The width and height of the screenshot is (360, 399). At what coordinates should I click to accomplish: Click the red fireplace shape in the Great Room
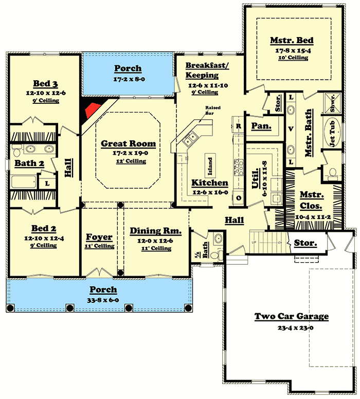tap(93, 110)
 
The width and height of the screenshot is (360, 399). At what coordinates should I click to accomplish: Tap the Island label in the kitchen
tap(210, 166)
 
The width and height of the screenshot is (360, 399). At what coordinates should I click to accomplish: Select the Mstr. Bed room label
tap(292, 41)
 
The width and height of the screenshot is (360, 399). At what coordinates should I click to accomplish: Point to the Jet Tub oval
tap(332, 132)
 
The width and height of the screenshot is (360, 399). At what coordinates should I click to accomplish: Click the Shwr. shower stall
tap(332, 103)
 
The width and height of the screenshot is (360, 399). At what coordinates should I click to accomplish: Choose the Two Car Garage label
tap(292, 316)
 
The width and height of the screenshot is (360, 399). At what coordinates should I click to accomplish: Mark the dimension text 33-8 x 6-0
tap(103, 300)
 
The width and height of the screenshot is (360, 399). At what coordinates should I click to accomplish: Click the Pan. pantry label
tap(261, 126)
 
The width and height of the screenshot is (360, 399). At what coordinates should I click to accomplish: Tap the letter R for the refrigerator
tap(238, 126)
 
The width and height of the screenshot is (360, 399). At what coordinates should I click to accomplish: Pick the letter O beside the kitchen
tap(239, 198)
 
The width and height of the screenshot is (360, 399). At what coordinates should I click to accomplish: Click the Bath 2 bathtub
tap(24, 182)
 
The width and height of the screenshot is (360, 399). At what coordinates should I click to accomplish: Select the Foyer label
tap(99, 237)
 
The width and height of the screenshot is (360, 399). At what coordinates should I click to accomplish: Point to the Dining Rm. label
tap(155, 231)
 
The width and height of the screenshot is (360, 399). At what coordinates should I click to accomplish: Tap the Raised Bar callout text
tap(213, 110)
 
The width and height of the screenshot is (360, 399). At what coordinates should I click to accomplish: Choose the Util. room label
tap(256, 178)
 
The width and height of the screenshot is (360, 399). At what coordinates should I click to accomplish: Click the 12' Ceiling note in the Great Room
tap(131, 161)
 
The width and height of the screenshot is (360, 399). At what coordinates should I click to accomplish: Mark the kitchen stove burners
tap(239, 167)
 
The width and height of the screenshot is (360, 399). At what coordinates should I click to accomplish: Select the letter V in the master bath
tap(291, 129)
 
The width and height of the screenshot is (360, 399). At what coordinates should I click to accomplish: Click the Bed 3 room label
tap(45, 83)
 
